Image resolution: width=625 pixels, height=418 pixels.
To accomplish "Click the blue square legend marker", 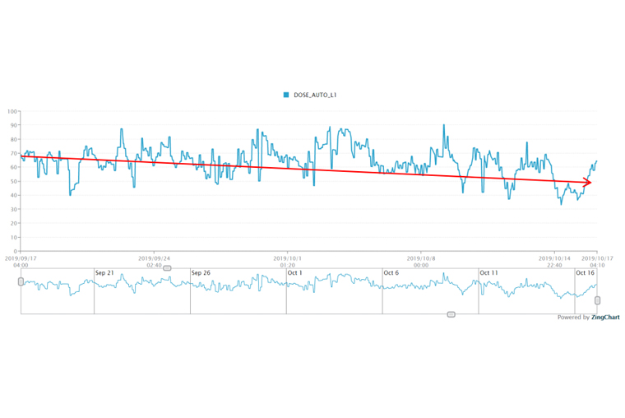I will pos(286,95).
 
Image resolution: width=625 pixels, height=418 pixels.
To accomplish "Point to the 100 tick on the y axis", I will pos(12,111).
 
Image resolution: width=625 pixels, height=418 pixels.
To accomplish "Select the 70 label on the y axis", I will pos(14,153).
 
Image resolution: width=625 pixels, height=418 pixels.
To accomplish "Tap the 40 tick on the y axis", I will pos(14,195).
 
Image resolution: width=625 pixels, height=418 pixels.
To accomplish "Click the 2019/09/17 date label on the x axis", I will pos(21,258).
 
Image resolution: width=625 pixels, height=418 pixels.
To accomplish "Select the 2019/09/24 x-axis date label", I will pos(154,258).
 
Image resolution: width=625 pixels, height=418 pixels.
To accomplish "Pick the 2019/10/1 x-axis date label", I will pos(287,258).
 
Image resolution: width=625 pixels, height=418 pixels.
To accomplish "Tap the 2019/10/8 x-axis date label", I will pos(421,258).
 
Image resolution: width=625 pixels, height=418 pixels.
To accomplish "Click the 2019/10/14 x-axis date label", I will pos(553,258).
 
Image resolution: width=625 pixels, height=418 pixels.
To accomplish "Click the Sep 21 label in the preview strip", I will pos(104,273).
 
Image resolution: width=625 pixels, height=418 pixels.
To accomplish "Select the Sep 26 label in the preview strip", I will pos(201,273).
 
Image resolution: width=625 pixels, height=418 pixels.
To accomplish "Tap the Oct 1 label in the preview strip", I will pos(295,273).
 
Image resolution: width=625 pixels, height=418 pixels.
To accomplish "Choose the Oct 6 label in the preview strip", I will pos(391,273).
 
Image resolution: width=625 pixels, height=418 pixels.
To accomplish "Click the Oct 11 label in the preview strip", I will pos(488,273).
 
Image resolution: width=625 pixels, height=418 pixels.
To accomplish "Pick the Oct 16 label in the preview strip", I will pos(585,273).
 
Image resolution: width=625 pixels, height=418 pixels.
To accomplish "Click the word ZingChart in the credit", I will pos(605,317).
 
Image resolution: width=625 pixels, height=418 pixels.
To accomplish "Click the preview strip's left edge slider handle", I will pos(21,281).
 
